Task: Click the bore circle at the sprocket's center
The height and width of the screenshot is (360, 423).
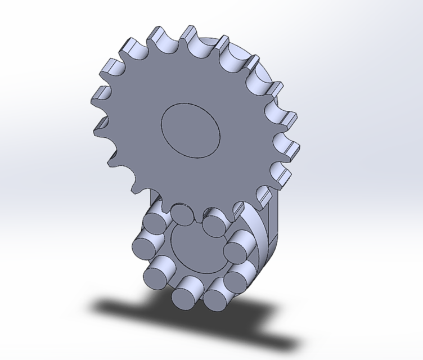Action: [x=190, y=129]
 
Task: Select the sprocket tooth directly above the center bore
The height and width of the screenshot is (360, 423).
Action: [x=186, y=35]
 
